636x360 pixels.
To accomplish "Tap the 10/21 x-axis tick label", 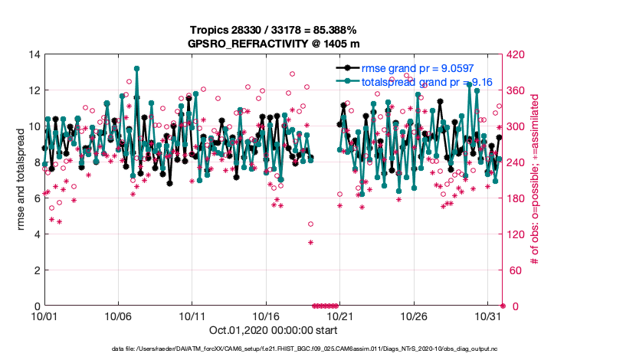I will click(x=339, y=316).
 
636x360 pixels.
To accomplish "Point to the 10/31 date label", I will click(x=487, y=316).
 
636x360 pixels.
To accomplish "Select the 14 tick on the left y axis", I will click(x=34, y=54).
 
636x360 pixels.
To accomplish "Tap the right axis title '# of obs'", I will click(x=536, y=180).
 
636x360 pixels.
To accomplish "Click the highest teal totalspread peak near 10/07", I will click(x=136, y=68).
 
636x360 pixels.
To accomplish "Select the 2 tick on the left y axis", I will click(x=37, y=270).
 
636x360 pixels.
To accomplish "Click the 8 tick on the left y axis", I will click(x=37, y=162).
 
